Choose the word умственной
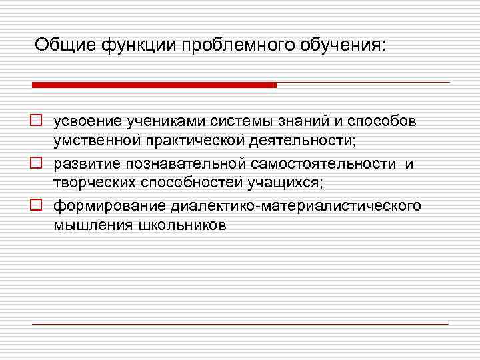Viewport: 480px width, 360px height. tap(96, 143)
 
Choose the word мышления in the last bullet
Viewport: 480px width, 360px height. tap(93, 225)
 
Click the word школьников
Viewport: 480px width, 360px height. tap(183, 225)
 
